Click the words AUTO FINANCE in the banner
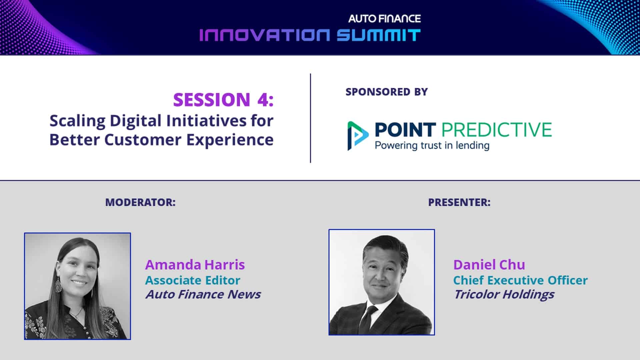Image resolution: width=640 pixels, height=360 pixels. pyautogui.click(x=384, y=19)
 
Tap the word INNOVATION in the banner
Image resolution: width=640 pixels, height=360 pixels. pyautogui.click(x=265, y=35)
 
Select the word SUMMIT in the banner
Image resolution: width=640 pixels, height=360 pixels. pyautogui.click(x=378, y=35)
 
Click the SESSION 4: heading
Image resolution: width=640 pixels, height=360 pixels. pyautogui.click(x=223, y=99)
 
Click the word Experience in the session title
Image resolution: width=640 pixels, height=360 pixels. pyautogui.click(x=230, y=140)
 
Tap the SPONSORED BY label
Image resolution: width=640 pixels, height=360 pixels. pyautogui.click(x=387, y=92)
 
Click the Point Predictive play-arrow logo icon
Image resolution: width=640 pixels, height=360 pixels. pyautogui.click(x=358, y=135)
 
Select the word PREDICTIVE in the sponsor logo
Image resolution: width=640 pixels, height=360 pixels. pyautogui.click(x=497, y=130)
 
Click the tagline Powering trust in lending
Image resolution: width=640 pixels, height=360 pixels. pyautogui.click(x=432, y=146)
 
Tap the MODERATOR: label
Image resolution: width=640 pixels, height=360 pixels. pyautogui.click(x=140, y=202)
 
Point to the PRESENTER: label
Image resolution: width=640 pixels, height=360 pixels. pyautogui.click(x=459, y=202)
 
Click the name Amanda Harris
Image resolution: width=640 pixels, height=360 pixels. pyautogui.click(x=195, y=265)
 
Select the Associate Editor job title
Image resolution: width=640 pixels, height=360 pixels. pyautogui.click(x=193, y=280)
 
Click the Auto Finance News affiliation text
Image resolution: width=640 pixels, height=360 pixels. pyautogui.click(x=203, y=294)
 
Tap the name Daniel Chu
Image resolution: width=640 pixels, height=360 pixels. pyautogui.click(x=489, y=265)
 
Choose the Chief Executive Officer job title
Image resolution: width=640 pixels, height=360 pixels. pyautogui.click(x=520, y=280)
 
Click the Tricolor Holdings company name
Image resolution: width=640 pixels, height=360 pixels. pyautogui.click(x=504, y=295)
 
